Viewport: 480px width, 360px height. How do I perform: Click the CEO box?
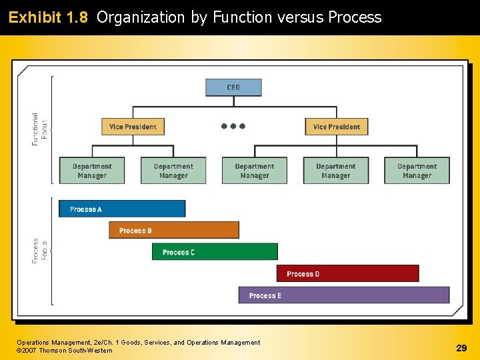(x=233, y=87)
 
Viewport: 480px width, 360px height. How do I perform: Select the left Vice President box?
(x=133, y=127)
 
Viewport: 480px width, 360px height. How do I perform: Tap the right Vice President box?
(x=337, y=127)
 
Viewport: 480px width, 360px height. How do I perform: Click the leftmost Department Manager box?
(x=92, y=171)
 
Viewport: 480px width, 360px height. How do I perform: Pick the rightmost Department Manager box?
(x=417, y=171)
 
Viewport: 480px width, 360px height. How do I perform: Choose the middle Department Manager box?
(x=254, y=171)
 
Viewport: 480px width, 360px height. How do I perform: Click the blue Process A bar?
(x=122, y=209)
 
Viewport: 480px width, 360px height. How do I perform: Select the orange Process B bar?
(x=174, y=230)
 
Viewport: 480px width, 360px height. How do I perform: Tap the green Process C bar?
(x=215, y=252)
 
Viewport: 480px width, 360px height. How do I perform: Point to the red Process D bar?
(x=347, y=273)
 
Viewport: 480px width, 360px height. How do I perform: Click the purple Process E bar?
(x=344, y=295)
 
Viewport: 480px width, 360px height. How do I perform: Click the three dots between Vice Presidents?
(x=233, y=126)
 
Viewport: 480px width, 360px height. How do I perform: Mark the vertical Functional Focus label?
(x=40, y=129)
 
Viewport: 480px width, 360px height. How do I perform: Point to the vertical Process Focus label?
(x=40, y=251)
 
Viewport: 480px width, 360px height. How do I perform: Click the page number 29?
(x=461, y=347)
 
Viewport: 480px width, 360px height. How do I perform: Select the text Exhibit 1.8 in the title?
(x=48, y=17)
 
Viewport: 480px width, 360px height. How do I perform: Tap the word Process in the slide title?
(x=355, y=17)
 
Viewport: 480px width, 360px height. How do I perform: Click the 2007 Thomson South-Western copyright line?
(x=65, y=351)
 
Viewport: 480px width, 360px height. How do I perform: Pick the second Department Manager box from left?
(x=173, y=171)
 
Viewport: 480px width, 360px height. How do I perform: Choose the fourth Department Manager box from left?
(x=335, y=171)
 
